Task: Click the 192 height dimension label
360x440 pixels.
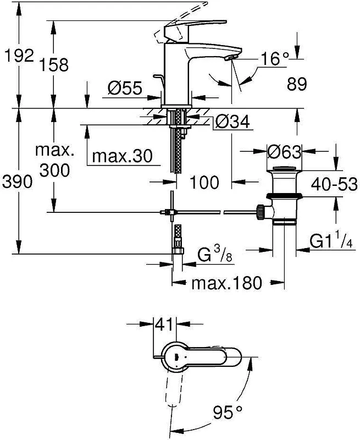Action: click(19, 55)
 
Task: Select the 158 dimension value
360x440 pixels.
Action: click(53, 64)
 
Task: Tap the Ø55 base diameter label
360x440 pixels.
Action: click(125, 89)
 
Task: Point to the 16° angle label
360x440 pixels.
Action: click(274, 59)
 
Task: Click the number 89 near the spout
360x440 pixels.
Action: click(297, 84)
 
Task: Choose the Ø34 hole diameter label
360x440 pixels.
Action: click(232, 122)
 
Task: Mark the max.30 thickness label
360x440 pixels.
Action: click(122, 156)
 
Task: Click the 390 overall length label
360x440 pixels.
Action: click(17, 182)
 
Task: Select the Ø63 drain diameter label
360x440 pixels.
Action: click(284, 152)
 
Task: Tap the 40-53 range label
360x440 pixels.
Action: click(334, 184)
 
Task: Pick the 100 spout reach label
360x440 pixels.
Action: click(204, 182)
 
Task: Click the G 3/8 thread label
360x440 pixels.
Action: click(215, 254)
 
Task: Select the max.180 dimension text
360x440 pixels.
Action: click(226, 283)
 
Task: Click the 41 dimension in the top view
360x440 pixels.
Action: click(165, 325)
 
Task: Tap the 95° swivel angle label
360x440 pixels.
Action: click(228, 412)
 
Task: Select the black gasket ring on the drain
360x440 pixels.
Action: click(284, 195)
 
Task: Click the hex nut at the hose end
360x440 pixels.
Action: click(178, 251)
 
